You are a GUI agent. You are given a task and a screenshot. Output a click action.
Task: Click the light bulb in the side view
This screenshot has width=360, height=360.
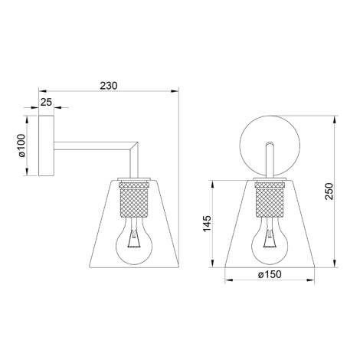(133, 241)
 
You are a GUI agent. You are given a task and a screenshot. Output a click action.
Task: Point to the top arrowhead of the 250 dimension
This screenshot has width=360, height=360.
(336, 120)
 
